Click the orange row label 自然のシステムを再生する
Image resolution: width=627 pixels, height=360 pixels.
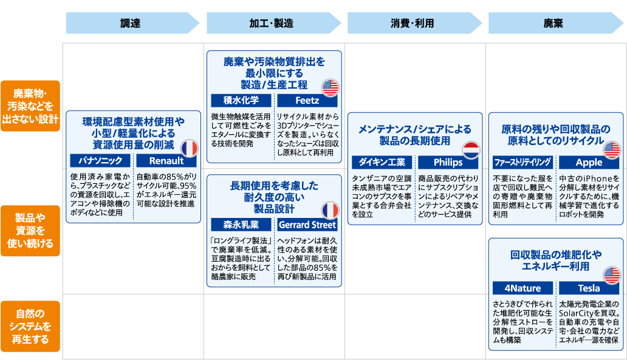tap(30, 326)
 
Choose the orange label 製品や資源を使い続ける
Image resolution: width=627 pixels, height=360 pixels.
tap(30, 231)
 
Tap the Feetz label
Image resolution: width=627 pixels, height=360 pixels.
tap(307, 100)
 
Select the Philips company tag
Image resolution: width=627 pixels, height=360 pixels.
tap(448, 162)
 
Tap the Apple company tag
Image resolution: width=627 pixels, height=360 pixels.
tap(589, 162)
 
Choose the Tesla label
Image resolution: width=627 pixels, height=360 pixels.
tap(589, 288)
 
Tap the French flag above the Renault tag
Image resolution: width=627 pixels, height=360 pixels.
tap(190, 149)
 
